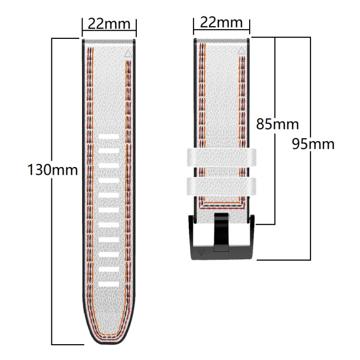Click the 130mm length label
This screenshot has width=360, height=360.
pos(53,170)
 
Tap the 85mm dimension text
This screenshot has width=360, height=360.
pos(277,124)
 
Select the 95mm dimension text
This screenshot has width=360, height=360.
pos(313,144)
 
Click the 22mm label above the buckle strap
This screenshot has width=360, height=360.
pos(221,22)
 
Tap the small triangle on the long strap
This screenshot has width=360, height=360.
pos(128,55)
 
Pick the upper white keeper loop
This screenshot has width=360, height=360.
pos(221,157)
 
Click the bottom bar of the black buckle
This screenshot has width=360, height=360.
pos(221,252)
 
